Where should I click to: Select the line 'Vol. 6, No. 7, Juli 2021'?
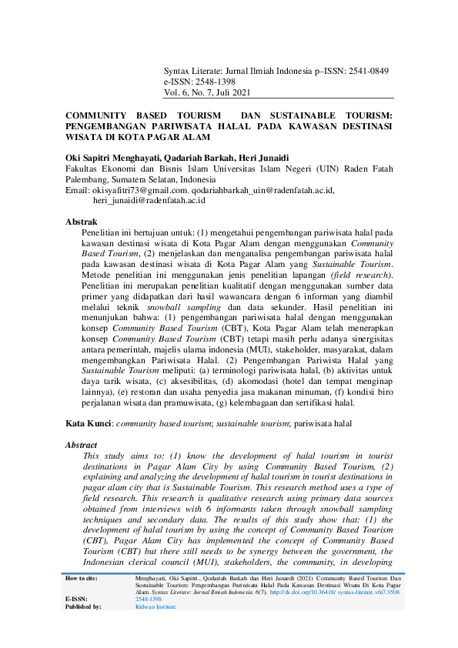[208, 93]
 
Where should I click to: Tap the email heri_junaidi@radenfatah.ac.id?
[149, 201]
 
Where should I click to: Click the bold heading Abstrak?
[81, 222]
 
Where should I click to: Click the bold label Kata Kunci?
[85, 423]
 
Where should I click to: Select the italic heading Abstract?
[82, 445]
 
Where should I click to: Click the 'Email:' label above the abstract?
[78, 190]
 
